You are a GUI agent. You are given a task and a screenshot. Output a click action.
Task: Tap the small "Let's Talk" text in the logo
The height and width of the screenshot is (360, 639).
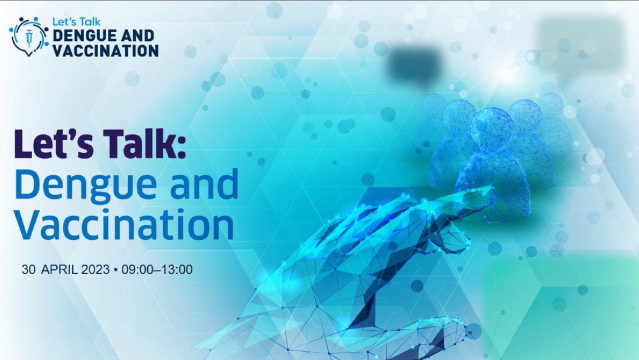tap(76, 22)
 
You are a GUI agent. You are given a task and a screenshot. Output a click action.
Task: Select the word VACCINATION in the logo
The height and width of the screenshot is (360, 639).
tap(105, 51)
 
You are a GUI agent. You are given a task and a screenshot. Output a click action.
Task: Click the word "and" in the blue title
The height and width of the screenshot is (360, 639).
tap(204, 183)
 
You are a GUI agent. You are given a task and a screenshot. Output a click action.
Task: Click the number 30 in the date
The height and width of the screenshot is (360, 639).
tap(28, 269)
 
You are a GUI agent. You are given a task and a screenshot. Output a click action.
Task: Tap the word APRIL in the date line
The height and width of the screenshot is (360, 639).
tap(59, 269)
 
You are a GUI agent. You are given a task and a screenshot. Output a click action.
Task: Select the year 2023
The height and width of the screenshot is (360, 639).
tap(95, 269)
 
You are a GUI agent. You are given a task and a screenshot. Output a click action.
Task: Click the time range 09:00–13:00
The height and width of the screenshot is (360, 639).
tap(157, 269)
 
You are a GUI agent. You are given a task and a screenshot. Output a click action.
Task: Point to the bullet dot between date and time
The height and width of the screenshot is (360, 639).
tap(115, 270)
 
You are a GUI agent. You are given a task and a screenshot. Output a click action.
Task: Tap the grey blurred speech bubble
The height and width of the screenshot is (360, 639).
tap(580, 43)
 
